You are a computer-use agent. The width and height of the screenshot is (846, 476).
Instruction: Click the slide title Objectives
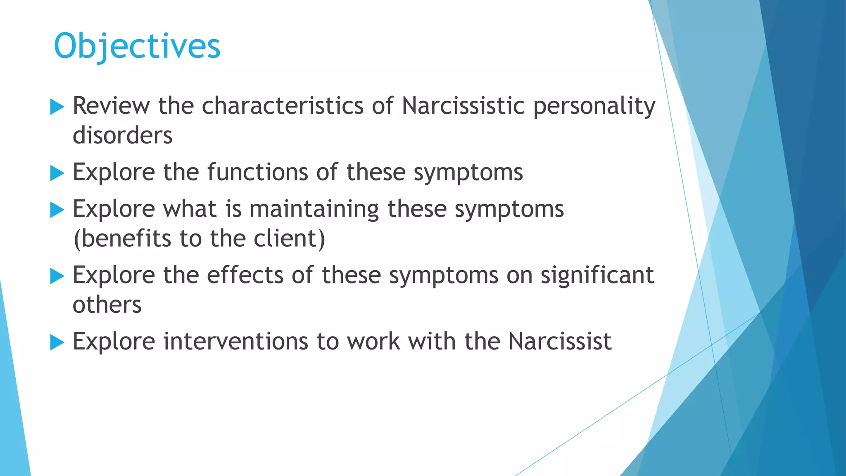pyautogui.click(x=137, y=46)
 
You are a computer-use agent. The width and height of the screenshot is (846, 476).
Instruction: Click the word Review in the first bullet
pyautogui.click(x=111, y=106)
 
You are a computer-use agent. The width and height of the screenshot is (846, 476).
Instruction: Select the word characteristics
pyautogui.click(x=283, y=106)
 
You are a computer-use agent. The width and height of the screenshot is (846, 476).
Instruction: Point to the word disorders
pyautogui.click(x=122, y=136)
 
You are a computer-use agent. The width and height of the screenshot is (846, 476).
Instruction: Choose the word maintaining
pyautogui.click(x=314, y=209)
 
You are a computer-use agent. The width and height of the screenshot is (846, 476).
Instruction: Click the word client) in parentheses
pyautogui.click(x=289, y=239)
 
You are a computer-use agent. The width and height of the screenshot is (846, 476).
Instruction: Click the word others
pyautogui.click(x=107, y=305)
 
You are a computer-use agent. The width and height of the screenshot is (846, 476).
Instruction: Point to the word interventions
pyautogui.click(x=235, y=342)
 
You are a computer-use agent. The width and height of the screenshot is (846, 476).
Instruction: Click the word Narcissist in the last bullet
pyautogui.click(x=560, y=342)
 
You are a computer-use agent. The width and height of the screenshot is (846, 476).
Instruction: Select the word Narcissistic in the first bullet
pyautogui.click(x=463, y=106)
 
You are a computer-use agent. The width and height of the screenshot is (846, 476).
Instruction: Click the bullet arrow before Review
pyautogui.click(x=57, y=107)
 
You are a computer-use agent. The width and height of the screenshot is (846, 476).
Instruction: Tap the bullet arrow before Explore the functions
pyautogui.click(x=57, y=173)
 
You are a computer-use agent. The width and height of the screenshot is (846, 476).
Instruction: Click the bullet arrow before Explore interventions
pyautogui.click(x=57, y=343)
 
